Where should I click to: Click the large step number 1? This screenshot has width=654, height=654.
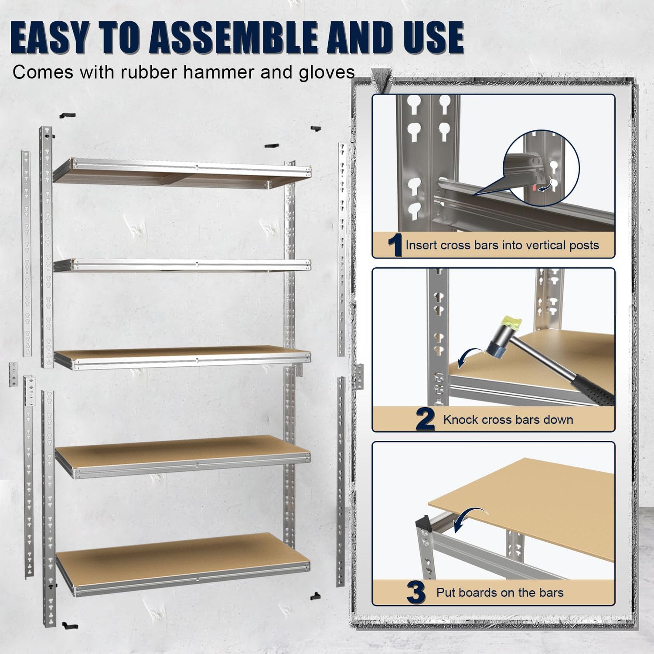point(395,245)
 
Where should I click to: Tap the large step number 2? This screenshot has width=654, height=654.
point(425,419)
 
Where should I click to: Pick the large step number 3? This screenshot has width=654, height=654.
point(416,593)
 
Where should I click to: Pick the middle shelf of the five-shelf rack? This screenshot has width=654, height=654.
point(182,358)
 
